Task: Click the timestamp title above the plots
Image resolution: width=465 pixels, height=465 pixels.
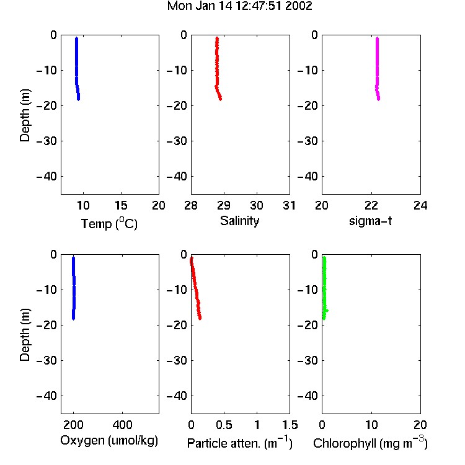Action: [239, 6]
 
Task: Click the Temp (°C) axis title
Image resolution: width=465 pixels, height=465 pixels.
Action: [109, 223]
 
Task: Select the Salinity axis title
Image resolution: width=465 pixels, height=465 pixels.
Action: [239, 221]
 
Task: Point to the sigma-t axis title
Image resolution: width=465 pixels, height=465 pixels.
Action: [370, 221]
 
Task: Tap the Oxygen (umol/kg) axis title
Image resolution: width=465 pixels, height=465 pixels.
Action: [109, 441]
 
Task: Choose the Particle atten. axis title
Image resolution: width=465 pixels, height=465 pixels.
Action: [239, 443]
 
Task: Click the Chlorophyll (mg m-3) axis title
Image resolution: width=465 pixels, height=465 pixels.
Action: [370, 443]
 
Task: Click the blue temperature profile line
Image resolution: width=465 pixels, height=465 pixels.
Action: [76, 69]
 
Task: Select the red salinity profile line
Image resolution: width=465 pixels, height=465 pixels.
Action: [217, 69]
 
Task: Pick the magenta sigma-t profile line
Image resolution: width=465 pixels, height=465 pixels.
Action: [377, 69]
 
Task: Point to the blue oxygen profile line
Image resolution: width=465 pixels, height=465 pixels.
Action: [74, 288]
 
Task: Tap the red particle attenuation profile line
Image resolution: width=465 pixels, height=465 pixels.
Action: [195, 288]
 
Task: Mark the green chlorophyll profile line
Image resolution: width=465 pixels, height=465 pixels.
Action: [324, 288]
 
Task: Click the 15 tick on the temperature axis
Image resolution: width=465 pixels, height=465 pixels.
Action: [121, 205]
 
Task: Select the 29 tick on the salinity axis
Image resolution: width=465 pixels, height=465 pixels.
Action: [224, 205]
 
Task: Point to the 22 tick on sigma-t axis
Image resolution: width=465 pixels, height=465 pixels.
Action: [371, 205]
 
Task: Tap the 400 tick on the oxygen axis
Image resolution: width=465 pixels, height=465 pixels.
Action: [123, 425]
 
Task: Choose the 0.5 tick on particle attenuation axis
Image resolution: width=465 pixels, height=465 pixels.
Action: [224, 425]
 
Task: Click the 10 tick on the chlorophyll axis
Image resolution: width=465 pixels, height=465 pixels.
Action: [371, 425]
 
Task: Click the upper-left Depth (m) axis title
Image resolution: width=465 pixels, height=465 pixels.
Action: [25, 116]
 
